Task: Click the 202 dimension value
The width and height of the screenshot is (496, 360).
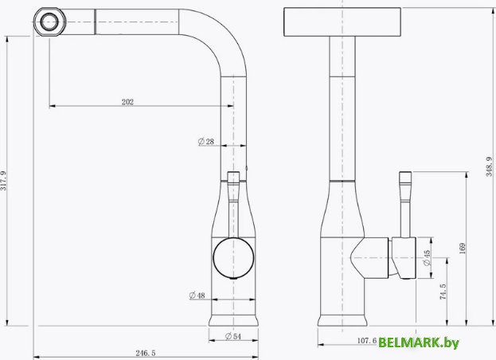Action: [x=127, y=101]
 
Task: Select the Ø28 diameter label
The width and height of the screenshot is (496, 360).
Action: [x=207, y=142]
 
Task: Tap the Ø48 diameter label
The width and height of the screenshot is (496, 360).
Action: [x=197, y=295]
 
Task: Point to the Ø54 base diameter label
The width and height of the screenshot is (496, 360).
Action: [x=233, y=336]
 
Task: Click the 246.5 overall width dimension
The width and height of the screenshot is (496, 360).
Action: [x=145, y=351]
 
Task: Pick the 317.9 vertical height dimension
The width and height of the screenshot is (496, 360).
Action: [x=6, y=181]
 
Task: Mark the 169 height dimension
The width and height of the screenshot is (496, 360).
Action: [x=463, y=248]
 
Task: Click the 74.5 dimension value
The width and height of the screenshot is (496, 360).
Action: [x=443, y=292]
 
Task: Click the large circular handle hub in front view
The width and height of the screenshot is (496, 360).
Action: [x=233, y=257]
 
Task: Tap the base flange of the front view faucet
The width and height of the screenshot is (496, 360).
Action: [x=233, y=321]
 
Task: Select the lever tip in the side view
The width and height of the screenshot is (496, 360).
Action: [x=404, y=178]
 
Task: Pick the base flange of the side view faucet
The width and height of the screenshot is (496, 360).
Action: [x=342, y=321]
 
